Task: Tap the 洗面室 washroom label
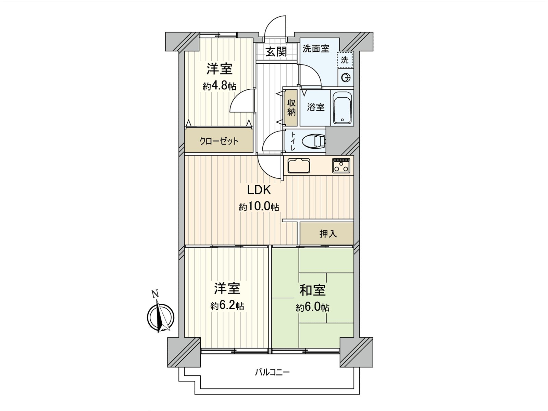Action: pos(316,49)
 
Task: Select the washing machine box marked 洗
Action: pos(345,60)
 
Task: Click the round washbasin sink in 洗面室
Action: pos(345,78)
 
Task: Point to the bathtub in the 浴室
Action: pos(342,108)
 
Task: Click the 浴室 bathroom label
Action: pos(315,107)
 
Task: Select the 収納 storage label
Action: pos(291,107)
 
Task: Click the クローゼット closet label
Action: pos(219,141)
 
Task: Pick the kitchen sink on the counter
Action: pos(299,166)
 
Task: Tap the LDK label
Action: pos(259,189)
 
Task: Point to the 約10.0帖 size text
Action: pos(259,207)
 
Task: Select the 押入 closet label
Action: pos(328,234)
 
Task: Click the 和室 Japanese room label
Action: pos(312,290)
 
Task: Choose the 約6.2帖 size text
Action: pos(227,306)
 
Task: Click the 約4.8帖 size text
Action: pos(219,86)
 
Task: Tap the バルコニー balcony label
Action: pos(272,372)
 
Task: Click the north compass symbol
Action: pos(160,315)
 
